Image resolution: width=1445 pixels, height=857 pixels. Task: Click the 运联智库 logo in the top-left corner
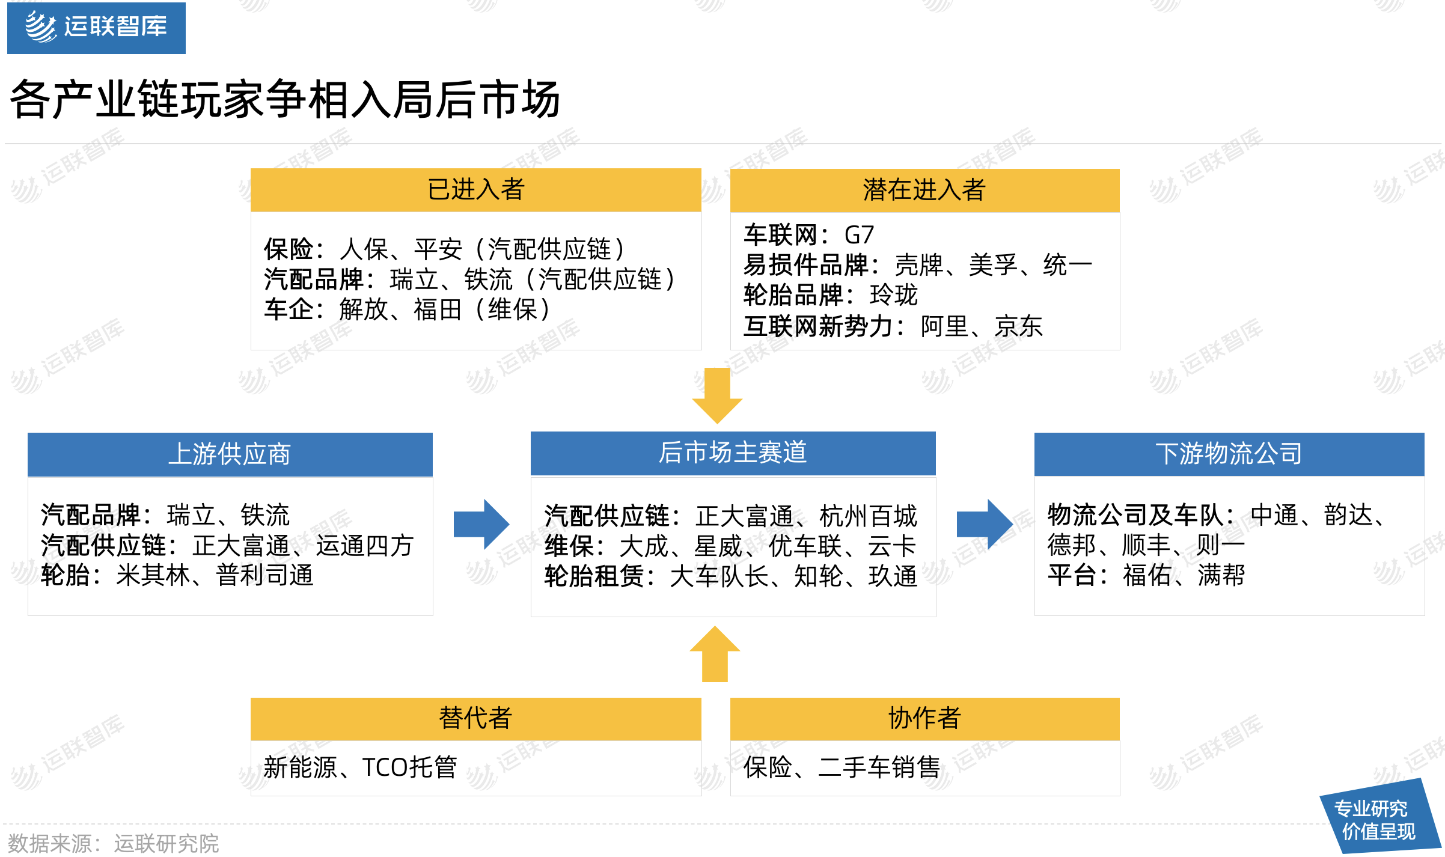96,28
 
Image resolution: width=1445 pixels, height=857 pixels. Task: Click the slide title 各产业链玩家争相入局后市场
285,99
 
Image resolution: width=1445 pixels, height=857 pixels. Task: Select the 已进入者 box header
476,190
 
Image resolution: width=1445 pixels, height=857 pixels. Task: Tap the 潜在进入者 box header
924,190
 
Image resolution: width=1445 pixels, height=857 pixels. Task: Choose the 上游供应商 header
230,454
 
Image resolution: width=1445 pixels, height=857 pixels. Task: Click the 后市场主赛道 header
733,453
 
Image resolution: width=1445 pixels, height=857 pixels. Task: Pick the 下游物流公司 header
1229,454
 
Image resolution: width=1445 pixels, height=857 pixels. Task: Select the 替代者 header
476,719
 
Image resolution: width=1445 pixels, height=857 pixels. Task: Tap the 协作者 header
924,719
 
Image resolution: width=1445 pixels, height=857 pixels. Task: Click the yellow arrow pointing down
717,395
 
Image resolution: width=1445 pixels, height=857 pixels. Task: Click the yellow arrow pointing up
715,654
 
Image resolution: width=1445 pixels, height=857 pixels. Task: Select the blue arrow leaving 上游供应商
481,524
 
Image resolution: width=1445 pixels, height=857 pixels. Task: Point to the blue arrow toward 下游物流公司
985,524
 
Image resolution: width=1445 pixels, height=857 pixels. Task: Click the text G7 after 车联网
859,235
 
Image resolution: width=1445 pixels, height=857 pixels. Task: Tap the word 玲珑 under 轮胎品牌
894,295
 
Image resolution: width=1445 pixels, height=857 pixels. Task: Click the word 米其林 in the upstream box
153,576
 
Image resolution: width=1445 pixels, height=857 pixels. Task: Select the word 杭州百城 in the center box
869,516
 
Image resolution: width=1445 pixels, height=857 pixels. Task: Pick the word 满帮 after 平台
1221,576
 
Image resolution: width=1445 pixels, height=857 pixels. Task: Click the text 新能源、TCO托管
361,767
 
